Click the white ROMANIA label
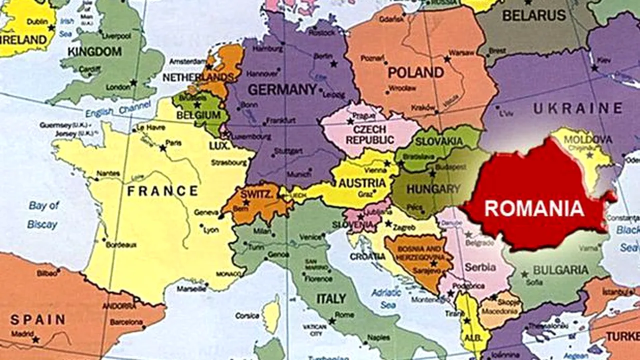[x=534, y=208]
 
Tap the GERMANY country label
[x=282, y=89]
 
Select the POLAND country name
[x=416, y=72]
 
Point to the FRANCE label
[x=162, y=190]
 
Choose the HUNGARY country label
[x=433, y=189]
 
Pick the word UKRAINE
[x=577, y=108]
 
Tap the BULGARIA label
[x=560, y=270]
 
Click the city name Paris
[x=173, y=143]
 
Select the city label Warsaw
[x=461, y=52]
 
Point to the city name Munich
[x=299, y=174]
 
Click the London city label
[x=118, y=87]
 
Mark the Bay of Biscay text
[x=43, y=215]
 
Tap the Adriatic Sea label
[x=386, y=298]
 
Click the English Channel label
[x=118, y=109]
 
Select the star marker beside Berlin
[x=333, y=63]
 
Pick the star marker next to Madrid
[x=35, y=339]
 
